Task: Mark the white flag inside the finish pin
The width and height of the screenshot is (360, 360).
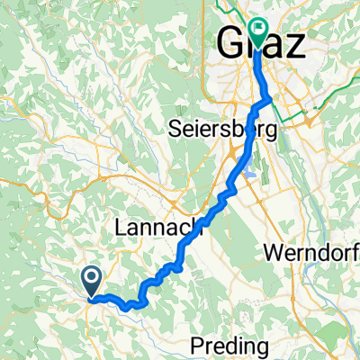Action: (257, 28)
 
